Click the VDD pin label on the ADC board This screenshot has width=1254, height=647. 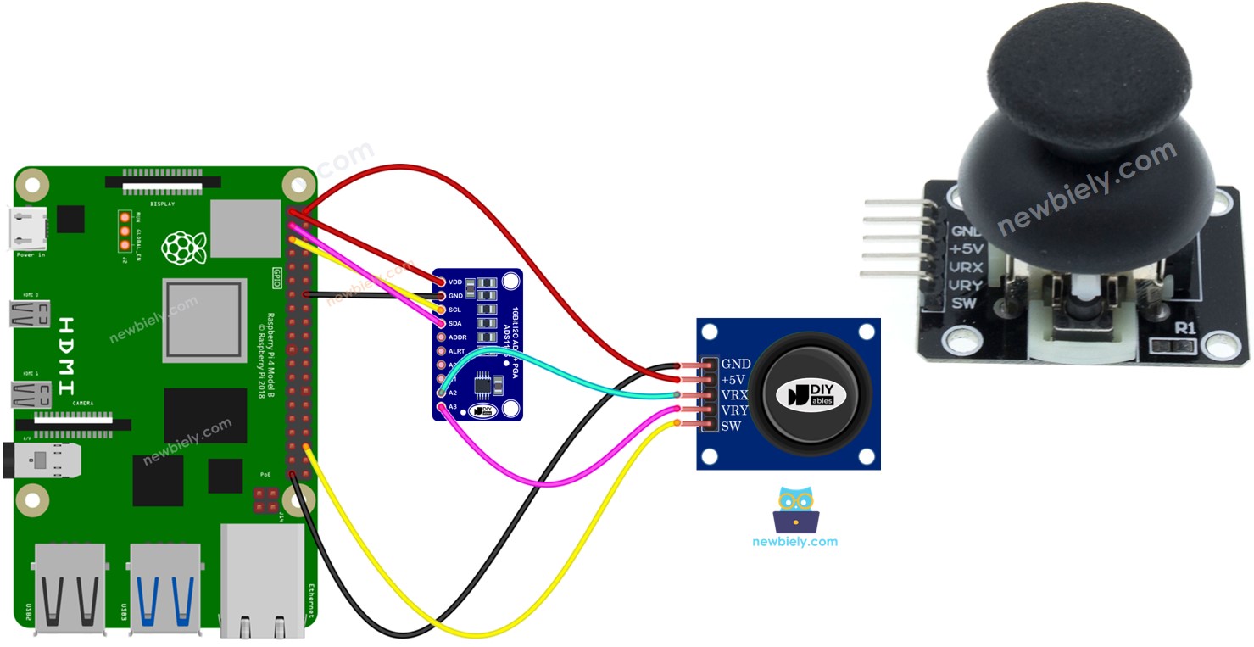coord(455,281)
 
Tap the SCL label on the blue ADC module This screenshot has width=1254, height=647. coord(454,310)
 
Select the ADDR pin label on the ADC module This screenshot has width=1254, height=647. coord(457,337)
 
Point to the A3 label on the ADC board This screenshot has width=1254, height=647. coord(453,408)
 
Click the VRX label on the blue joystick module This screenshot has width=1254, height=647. coord(734,395)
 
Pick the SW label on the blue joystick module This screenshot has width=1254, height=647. coord(730,426)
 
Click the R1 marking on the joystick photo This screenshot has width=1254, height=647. coord(1184,328)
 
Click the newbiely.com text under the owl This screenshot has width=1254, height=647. coord(794,541)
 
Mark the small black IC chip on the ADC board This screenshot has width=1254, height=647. coord(482,385)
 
